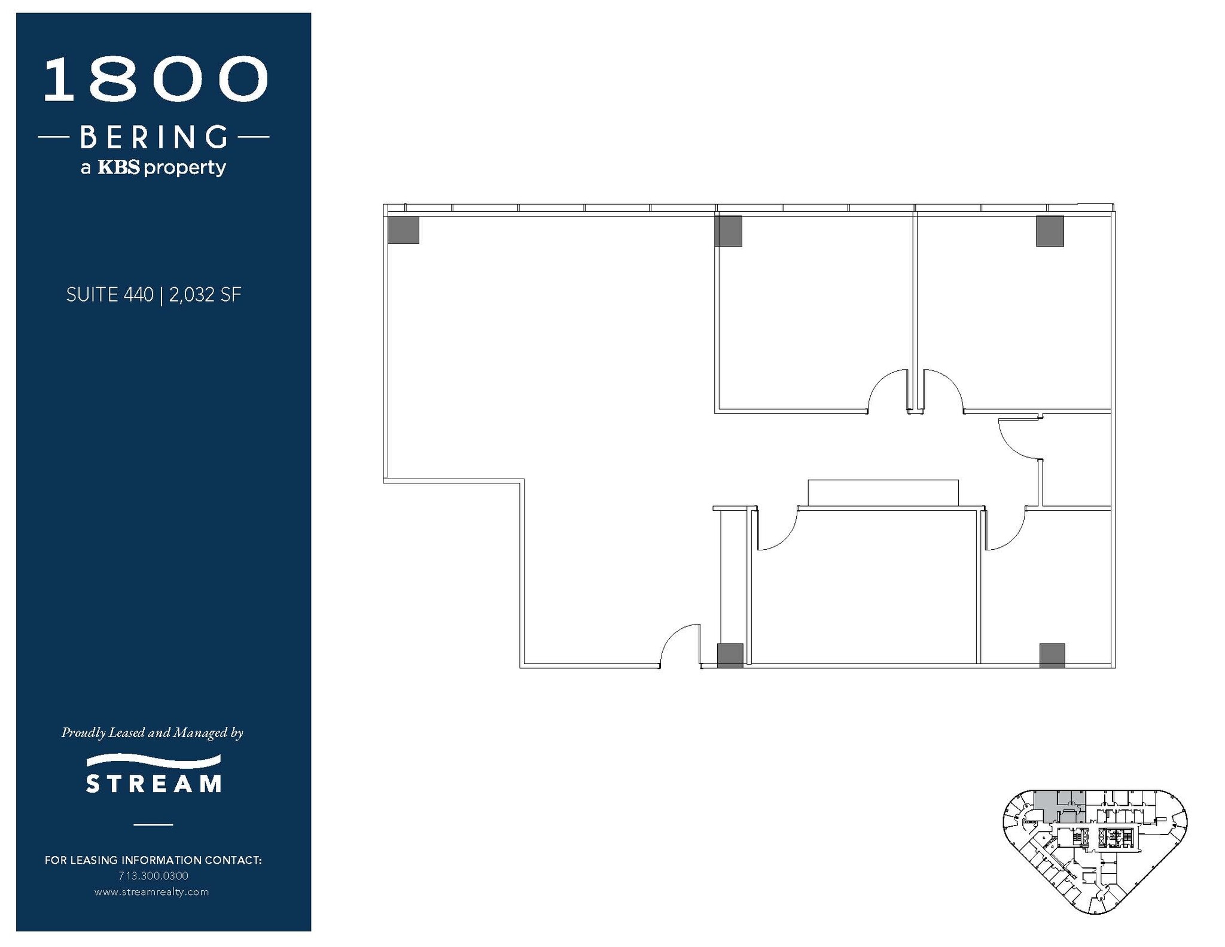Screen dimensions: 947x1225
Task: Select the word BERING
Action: (154, 137)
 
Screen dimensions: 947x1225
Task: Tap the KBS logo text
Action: (118, 167)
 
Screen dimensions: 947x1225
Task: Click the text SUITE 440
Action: (109, 295)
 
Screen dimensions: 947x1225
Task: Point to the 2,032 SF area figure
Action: (205, 295)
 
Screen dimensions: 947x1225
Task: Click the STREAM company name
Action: (154, 784)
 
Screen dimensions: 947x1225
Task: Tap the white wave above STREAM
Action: (154, 761)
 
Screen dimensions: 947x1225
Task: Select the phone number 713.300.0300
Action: (153, 876)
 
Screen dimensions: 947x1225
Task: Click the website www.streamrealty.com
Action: (152, 892)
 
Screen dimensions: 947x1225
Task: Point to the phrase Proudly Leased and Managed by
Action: (153, 733)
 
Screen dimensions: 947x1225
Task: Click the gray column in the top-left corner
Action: (403, 230)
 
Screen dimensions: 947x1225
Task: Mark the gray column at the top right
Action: (1050, 231)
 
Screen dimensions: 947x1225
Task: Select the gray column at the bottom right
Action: (1052, 655)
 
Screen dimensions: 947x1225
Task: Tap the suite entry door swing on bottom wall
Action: (681, 645)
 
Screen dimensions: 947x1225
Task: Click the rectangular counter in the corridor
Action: (883, 493)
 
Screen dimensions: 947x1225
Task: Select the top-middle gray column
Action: (729, 231)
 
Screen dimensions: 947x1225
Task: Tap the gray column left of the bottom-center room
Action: (730, 655)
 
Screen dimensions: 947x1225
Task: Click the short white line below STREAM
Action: (153, 824)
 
